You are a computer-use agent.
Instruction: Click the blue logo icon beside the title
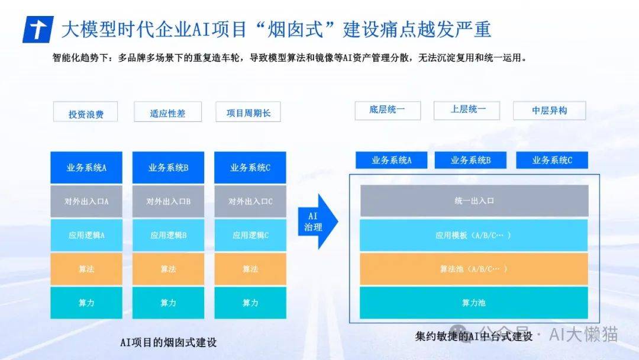(38, 30)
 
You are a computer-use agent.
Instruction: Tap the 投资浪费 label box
(86, 112)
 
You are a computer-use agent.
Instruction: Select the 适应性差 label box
(167, 112)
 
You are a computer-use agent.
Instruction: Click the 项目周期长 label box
(248, 112)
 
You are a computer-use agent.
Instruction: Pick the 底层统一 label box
(388, 111)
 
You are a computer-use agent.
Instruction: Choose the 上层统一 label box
(467, 111)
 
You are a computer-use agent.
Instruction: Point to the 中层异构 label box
(549, 111)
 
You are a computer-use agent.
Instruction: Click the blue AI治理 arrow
(318, 221)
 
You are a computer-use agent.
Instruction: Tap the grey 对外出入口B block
(168, 201)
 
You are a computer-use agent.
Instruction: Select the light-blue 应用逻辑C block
(250, 235)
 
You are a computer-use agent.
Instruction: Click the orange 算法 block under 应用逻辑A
(86, 269)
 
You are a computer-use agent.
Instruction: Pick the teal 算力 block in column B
(168, 303)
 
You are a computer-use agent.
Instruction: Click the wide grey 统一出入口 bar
(474, 201)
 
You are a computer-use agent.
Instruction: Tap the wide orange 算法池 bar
(474, 269)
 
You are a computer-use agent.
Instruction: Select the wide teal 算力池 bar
(474, 303)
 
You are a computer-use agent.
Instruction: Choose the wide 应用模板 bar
(474, 235)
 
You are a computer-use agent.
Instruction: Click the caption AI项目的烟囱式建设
(168, 342)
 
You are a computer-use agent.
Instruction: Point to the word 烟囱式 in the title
(295, 30)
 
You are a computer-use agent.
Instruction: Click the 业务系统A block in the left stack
(86, 168)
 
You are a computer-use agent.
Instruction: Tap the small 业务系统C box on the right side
(552, 160)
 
